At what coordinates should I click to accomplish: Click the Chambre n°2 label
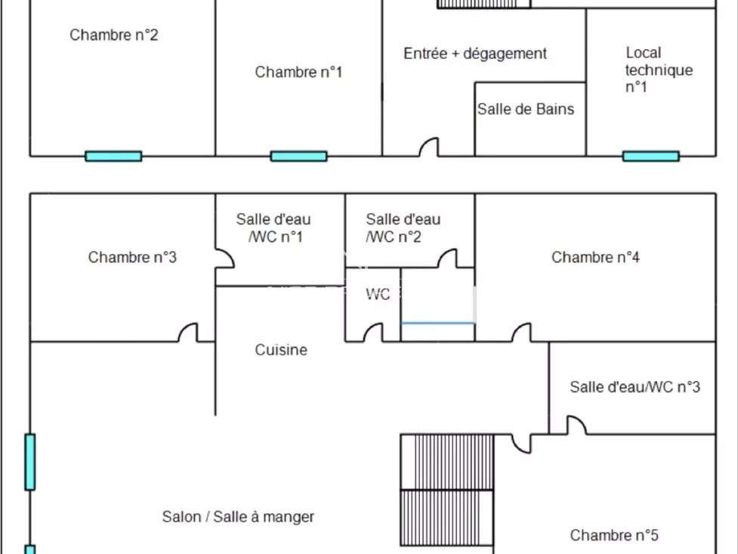click(x=113, y=35)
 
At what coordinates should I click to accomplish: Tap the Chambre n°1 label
click(x=298, y=72)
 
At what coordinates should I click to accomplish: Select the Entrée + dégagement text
click(x=475, y=54)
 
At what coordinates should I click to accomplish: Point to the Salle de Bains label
click(x=526, y=110)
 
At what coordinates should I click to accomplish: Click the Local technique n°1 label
click(x=659, y=70)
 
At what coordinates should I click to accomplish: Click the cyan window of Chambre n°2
click(x=113, y=156)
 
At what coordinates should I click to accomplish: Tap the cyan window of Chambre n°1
click(x=299, y=156)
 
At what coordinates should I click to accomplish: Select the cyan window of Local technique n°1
click(x=651, y=156)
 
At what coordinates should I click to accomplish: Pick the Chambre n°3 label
click(x=132, y=257)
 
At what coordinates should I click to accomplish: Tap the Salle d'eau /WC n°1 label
click(x=273, y=228)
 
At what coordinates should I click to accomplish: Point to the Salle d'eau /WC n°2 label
click(x=403, y=228)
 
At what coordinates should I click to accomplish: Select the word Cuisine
click(x=281, y=350)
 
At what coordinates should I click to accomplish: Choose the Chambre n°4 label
click(x=595, y=257)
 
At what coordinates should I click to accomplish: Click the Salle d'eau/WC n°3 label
click(x=635, y=387)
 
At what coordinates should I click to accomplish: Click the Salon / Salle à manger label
click(x=238, y=517)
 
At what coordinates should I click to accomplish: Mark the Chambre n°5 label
click(x=614, y=535)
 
